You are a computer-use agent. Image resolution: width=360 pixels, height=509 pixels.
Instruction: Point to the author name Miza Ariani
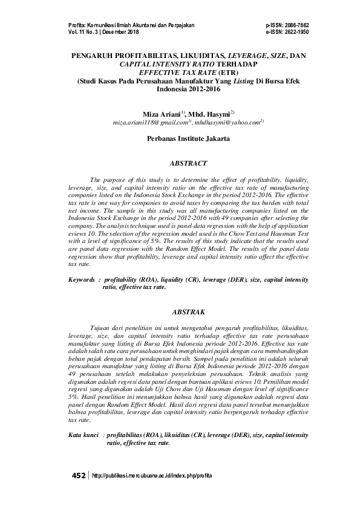162,114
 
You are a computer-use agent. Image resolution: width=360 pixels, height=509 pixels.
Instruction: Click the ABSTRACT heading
188,163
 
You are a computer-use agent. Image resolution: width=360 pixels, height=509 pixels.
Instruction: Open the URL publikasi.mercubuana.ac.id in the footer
152,476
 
